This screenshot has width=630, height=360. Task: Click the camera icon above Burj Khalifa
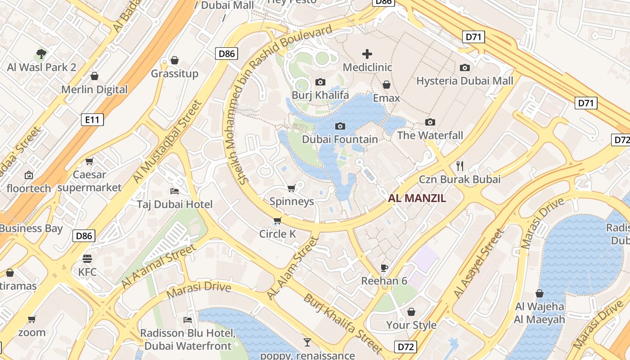point(320,82)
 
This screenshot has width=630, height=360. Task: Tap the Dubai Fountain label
point(340,139)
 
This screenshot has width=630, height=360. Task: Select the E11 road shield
point(93,120)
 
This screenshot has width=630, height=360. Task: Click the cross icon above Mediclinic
point(367,54)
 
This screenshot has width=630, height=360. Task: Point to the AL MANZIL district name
point(417,198)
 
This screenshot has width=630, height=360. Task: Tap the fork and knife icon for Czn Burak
point(459,166)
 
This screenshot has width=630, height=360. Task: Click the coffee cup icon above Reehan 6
point(384,268)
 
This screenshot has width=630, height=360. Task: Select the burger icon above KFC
point(87,259)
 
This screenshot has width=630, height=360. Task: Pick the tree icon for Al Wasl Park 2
point(41,54)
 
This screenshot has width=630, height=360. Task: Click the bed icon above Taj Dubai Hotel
point(175,191)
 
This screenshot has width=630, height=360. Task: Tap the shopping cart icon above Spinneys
point(291,188)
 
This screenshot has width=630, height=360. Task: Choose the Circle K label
point(278,234)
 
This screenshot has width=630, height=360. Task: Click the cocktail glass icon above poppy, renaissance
point(307,342)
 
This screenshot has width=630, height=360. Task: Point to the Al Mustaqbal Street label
point(167,141)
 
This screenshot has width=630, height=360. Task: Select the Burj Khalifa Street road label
point(343,323)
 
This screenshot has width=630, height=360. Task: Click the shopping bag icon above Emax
point(386,85)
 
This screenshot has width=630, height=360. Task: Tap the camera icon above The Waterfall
point(430,122)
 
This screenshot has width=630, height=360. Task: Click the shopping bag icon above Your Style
point(411,312)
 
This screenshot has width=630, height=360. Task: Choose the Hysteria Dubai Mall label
point(464,81)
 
